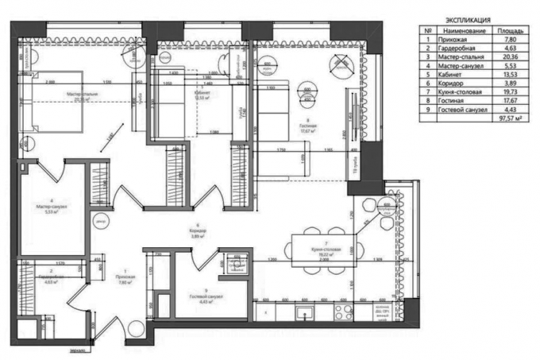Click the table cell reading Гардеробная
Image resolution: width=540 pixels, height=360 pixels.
458,48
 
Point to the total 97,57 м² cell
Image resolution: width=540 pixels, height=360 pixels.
509,115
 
